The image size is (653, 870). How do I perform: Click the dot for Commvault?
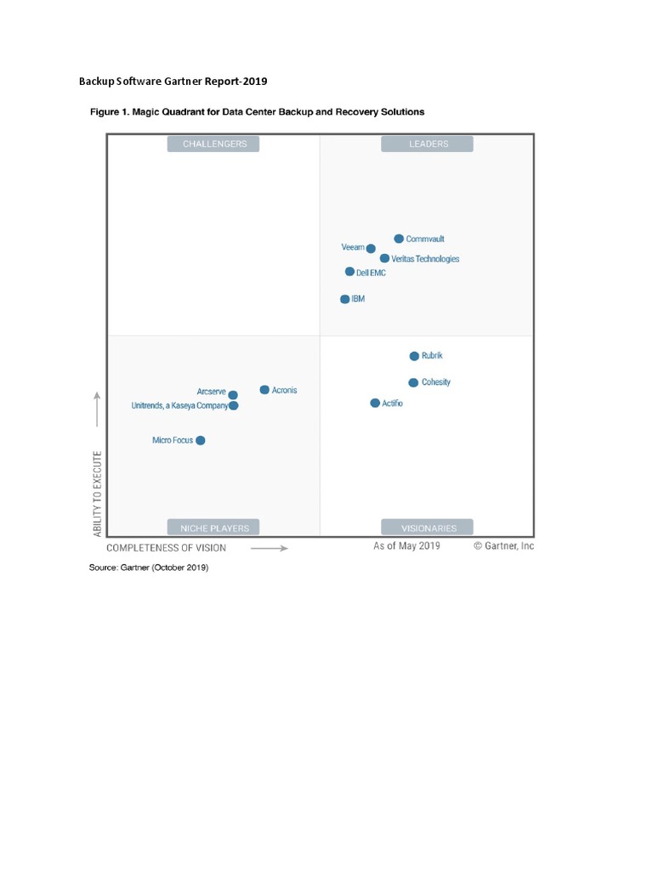click(399, 239)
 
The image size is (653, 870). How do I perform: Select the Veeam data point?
click(371, 248)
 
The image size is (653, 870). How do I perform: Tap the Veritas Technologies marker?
click(384, 258)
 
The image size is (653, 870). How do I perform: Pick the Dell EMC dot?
click(349, 272)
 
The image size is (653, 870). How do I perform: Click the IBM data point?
click(344, 299)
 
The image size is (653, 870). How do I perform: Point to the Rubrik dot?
click(414, 356)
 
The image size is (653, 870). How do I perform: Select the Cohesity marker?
click(413, 382)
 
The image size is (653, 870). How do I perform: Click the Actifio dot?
click(375, 403)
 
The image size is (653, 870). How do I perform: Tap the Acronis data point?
click(264, 390)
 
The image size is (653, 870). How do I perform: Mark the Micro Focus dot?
click(201, 440)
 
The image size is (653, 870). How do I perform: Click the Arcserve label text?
click(211, 392)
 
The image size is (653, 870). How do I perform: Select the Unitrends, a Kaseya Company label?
click(179, 406)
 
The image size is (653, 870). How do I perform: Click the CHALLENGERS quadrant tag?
click(214, 144)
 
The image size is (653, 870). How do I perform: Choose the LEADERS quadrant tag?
click(428, 144)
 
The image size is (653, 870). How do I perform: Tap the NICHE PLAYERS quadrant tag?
click(214, 528)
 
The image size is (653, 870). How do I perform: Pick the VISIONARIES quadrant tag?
click(428, 528)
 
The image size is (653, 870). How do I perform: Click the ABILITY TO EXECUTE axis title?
click(98, 494)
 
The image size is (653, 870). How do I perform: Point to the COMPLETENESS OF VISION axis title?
click(166, 548)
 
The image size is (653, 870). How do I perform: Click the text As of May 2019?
click(406, 546)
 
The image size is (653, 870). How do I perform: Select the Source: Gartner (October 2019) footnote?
click(149, 567)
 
